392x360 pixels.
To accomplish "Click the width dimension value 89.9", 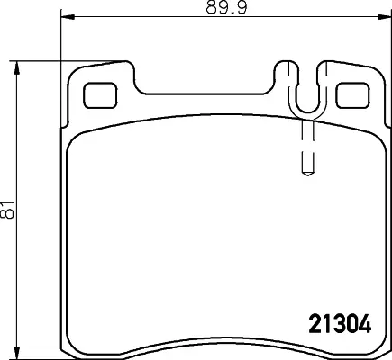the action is tap(227, 7).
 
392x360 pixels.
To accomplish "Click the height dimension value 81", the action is tap(7, 209).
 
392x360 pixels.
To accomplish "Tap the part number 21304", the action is tap(340, 323).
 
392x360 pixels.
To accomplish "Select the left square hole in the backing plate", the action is tap(100, 95).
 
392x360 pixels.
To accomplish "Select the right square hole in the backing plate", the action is tap(352, 95).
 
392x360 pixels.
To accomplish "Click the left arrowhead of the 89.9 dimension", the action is tap(68, 16).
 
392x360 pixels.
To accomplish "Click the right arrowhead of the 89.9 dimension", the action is tap(385, 16).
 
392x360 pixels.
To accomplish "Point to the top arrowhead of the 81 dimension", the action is tap(17, 68).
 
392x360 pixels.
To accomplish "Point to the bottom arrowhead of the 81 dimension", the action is tap(17, 352).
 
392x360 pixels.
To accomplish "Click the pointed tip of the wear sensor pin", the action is tap(307, 175).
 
